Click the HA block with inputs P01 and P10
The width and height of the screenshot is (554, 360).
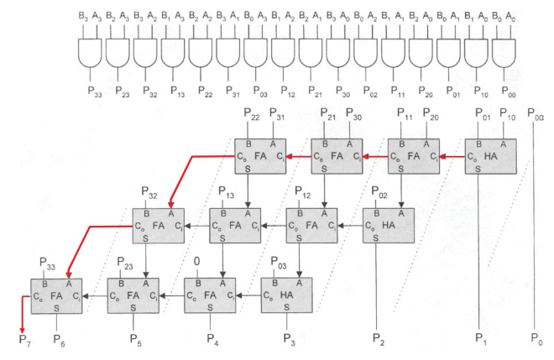pyautogui.click(x=490, y=158)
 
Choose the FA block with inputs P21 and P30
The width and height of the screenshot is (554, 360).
pyautogui.click(x=337, y=158)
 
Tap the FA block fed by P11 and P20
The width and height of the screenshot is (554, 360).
pyautogui.click(x=414, y=158)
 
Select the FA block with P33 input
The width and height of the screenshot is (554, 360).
pyautogui.click(x=57, y=295)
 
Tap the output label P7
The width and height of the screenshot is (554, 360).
pyautogui.click(x=25, y=341)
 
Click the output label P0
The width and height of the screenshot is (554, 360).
pyautogui.click(x=538, y=341)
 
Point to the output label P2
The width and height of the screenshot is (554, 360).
pyautogui.click(x=379, y=341)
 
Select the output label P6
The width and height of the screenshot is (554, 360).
pyautogui.click(x=59, y=341)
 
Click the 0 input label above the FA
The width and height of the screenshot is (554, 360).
pyautogui.click(x=197, y=262)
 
